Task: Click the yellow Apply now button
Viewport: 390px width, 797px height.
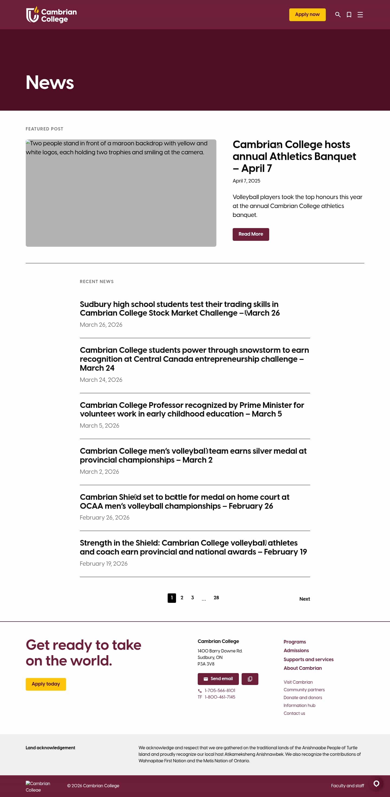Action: click(307, 15)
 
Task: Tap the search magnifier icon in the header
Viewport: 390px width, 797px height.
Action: click(338, 15)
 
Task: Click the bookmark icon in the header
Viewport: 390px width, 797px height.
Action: click(349, 15)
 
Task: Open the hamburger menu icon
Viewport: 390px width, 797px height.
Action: click(360, 15)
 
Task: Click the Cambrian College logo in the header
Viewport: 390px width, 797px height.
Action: click(51, 15)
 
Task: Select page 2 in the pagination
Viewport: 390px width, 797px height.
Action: click(182, 598)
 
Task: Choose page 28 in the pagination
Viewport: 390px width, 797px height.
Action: click(216, 598)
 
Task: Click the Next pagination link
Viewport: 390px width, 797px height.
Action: click(304, 599)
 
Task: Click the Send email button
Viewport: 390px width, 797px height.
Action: click(218, 679)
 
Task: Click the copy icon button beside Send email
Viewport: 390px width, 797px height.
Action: click(250, 679)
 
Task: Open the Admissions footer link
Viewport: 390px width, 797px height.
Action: click(296, 651)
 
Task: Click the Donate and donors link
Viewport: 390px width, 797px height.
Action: click(303, 697)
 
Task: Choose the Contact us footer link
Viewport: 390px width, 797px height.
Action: click(294, 713)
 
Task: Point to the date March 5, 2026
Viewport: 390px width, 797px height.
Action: click(99, 426)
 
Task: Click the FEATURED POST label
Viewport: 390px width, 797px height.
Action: click(44, 129)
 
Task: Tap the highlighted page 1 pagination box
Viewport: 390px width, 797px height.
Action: click(172, 598)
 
